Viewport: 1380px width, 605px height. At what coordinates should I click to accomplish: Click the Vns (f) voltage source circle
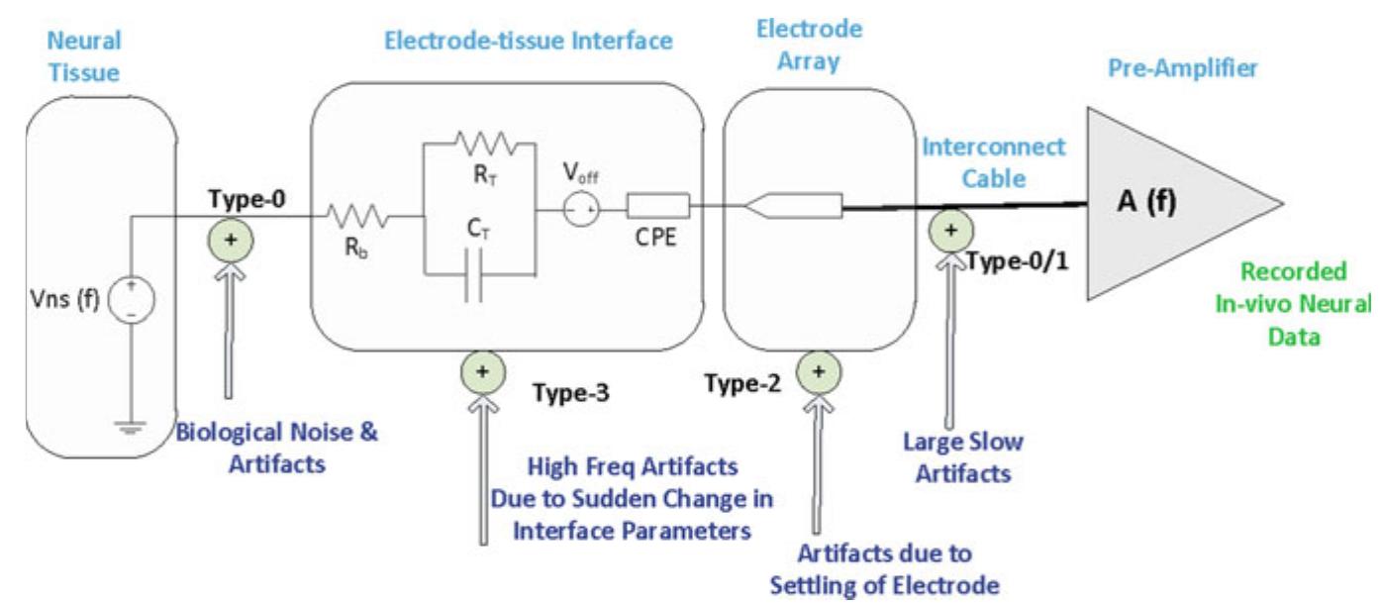tap(132, 299)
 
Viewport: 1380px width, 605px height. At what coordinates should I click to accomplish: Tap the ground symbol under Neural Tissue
tap(131, 428)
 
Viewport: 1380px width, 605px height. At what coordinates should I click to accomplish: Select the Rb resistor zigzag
tap(358, 216)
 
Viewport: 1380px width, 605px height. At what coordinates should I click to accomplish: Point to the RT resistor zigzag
tap(486, 144)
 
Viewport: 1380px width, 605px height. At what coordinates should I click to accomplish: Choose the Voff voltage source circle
tap(581, 210)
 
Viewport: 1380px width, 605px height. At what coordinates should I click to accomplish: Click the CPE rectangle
tap(658, 206)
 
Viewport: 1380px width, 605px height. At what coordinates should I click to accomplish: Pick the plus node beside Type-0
tap(231, 241)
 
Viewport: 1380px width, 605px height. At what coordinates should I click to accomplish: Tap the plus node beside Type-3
tap(483, 372)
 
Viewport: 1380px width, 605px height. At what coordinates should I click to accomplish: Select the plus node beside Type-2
tap(819, 372)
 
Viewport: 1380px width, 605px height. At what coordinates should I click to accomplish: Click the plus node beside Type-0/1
tap(951, 231)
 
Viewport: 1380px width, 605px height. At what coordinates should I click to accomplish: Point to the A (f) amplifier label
tap(1146, 201)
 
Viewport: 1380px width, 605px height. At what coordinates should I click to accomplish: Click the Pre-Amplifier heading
tap(1182, 67)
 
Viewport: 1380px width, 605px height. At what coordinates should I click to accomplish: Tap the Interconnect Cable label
tap(993, 162)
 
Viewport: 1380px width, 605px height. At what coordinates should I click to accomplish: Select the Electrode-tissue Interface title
tap(528, 41)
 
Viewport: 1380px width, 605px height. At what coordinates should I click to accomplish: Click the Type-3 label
tap(571, 392)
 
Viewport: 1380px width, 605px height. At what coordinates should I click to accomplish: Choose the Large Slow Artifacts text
tap(963, 457)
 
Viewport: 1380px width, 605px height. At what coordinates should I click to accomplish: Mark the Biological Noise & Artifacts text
tap(276, 448)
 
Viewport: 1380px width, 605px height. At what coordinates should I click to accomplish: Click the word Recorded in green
tap(1293, 271)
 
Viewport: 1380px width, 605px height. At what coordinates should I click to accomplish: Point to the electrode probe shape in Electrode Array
tap(794, 206)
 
